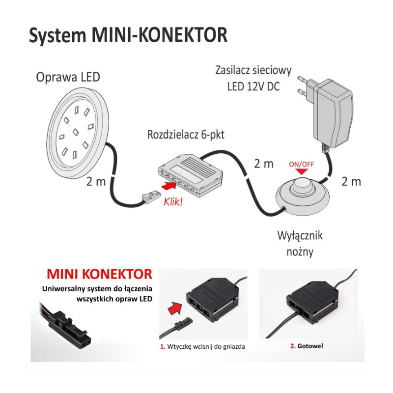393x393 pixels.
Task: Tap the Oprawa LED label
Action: tap(68, 77)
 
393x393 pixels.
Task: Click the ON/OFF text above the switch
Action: tap(301, 164)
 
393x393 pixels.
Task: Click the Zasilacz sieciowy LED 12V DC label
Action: tap(253, 78)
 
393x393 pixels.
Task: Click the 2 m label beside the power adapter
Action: tap(351, 181)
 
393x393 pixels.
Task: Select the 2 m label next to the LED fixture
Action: tap(96, 181)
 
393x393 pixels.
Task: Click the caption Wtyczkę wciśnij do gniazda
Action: tap(202, 346)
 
